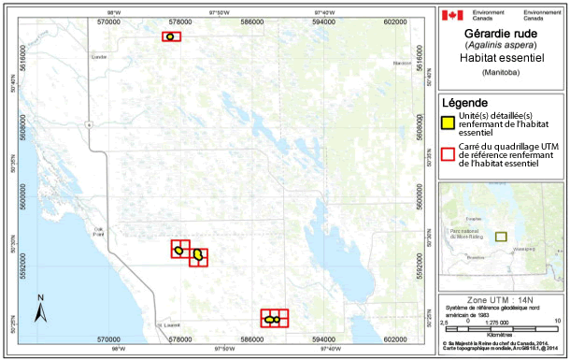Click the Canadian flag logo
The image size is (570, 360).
coord(452,16)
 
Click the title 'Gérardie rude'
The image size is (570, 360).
coord(503,33)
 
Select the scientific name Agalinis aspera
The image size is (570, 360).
coord(503,45)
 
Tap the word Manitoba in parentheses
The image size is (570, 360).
coord(503,72)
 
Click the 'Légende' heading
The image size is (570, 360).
coord(464,101)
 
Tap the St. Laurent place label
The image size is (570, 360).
coord(168,324)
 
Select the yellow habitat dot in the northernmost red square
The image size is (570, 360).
coord(170,36)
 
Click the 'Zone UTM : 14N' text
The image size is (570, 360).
coord(503,297)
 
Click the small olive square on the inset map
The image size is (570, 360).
coord(501,237)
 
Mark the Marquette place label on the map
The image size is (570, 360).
coord(402,63)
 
